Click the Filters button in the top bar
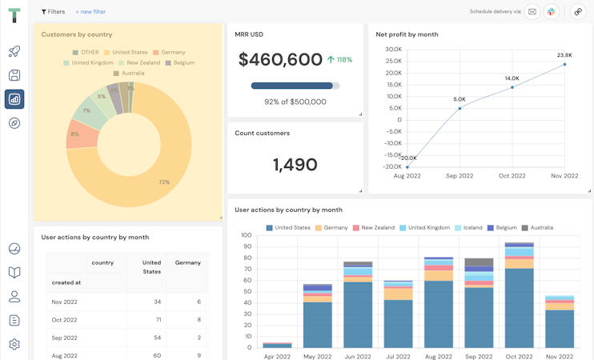53,12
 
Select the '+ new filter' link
90,12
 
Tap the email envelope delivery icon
532,12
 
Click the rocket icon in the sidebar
14,51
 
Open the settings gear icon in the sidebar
14,344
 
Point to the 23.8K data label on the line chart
564,55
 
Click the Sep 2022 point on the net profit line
460,108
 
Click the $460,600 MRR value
280,59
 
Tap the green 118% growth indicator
340,60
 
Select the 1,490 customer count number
295,165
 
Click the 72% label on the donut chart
164,182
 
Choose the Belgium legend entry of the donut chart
180,62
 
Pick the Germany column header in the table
188,262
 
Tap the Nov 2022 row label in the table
64,302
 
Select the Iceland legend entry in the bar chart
469,227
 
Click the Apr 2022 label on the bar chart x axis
277,356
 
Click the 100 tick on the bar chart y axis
246,235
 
